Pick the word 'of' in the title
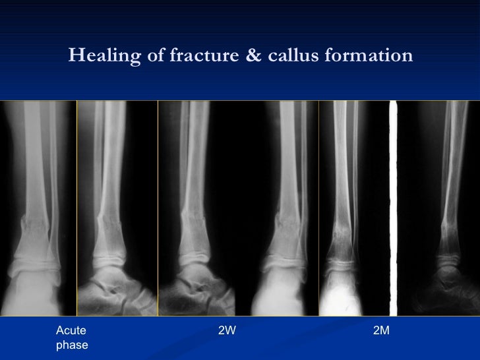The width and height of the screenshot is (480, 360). (x=156, y=56)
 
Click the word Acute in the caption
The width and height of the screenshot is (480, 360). (x=71, y=330)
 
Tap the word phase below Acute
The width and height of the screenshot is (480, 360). (x=72, y=345)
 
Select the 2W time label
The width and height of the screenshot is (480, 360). (x=226, y=330)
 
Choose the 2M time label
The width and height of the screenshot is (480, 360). (x=381, y=330)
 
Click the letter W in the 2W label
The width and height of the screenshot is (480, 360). (x=230, y=330)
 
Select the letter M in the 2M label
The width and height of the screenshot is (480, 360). (x=385, y=330)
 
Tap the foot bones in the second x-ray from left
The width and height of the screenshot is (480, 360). (x=119, y=290)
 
